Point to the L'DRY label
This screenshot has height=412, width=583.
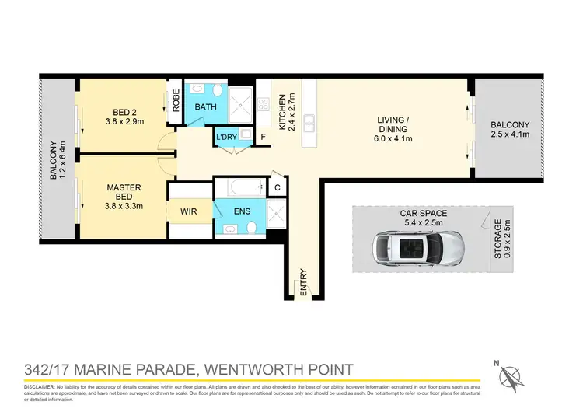pos(226,138)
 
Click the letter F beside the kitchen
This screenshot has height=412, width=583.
pos(264,138)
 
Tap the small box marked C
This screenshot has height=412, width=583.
pos(278,187)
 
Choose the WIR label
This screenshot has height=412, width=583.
pos(189,211)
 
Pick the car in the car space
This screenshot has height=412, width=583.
pos(418,248)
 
